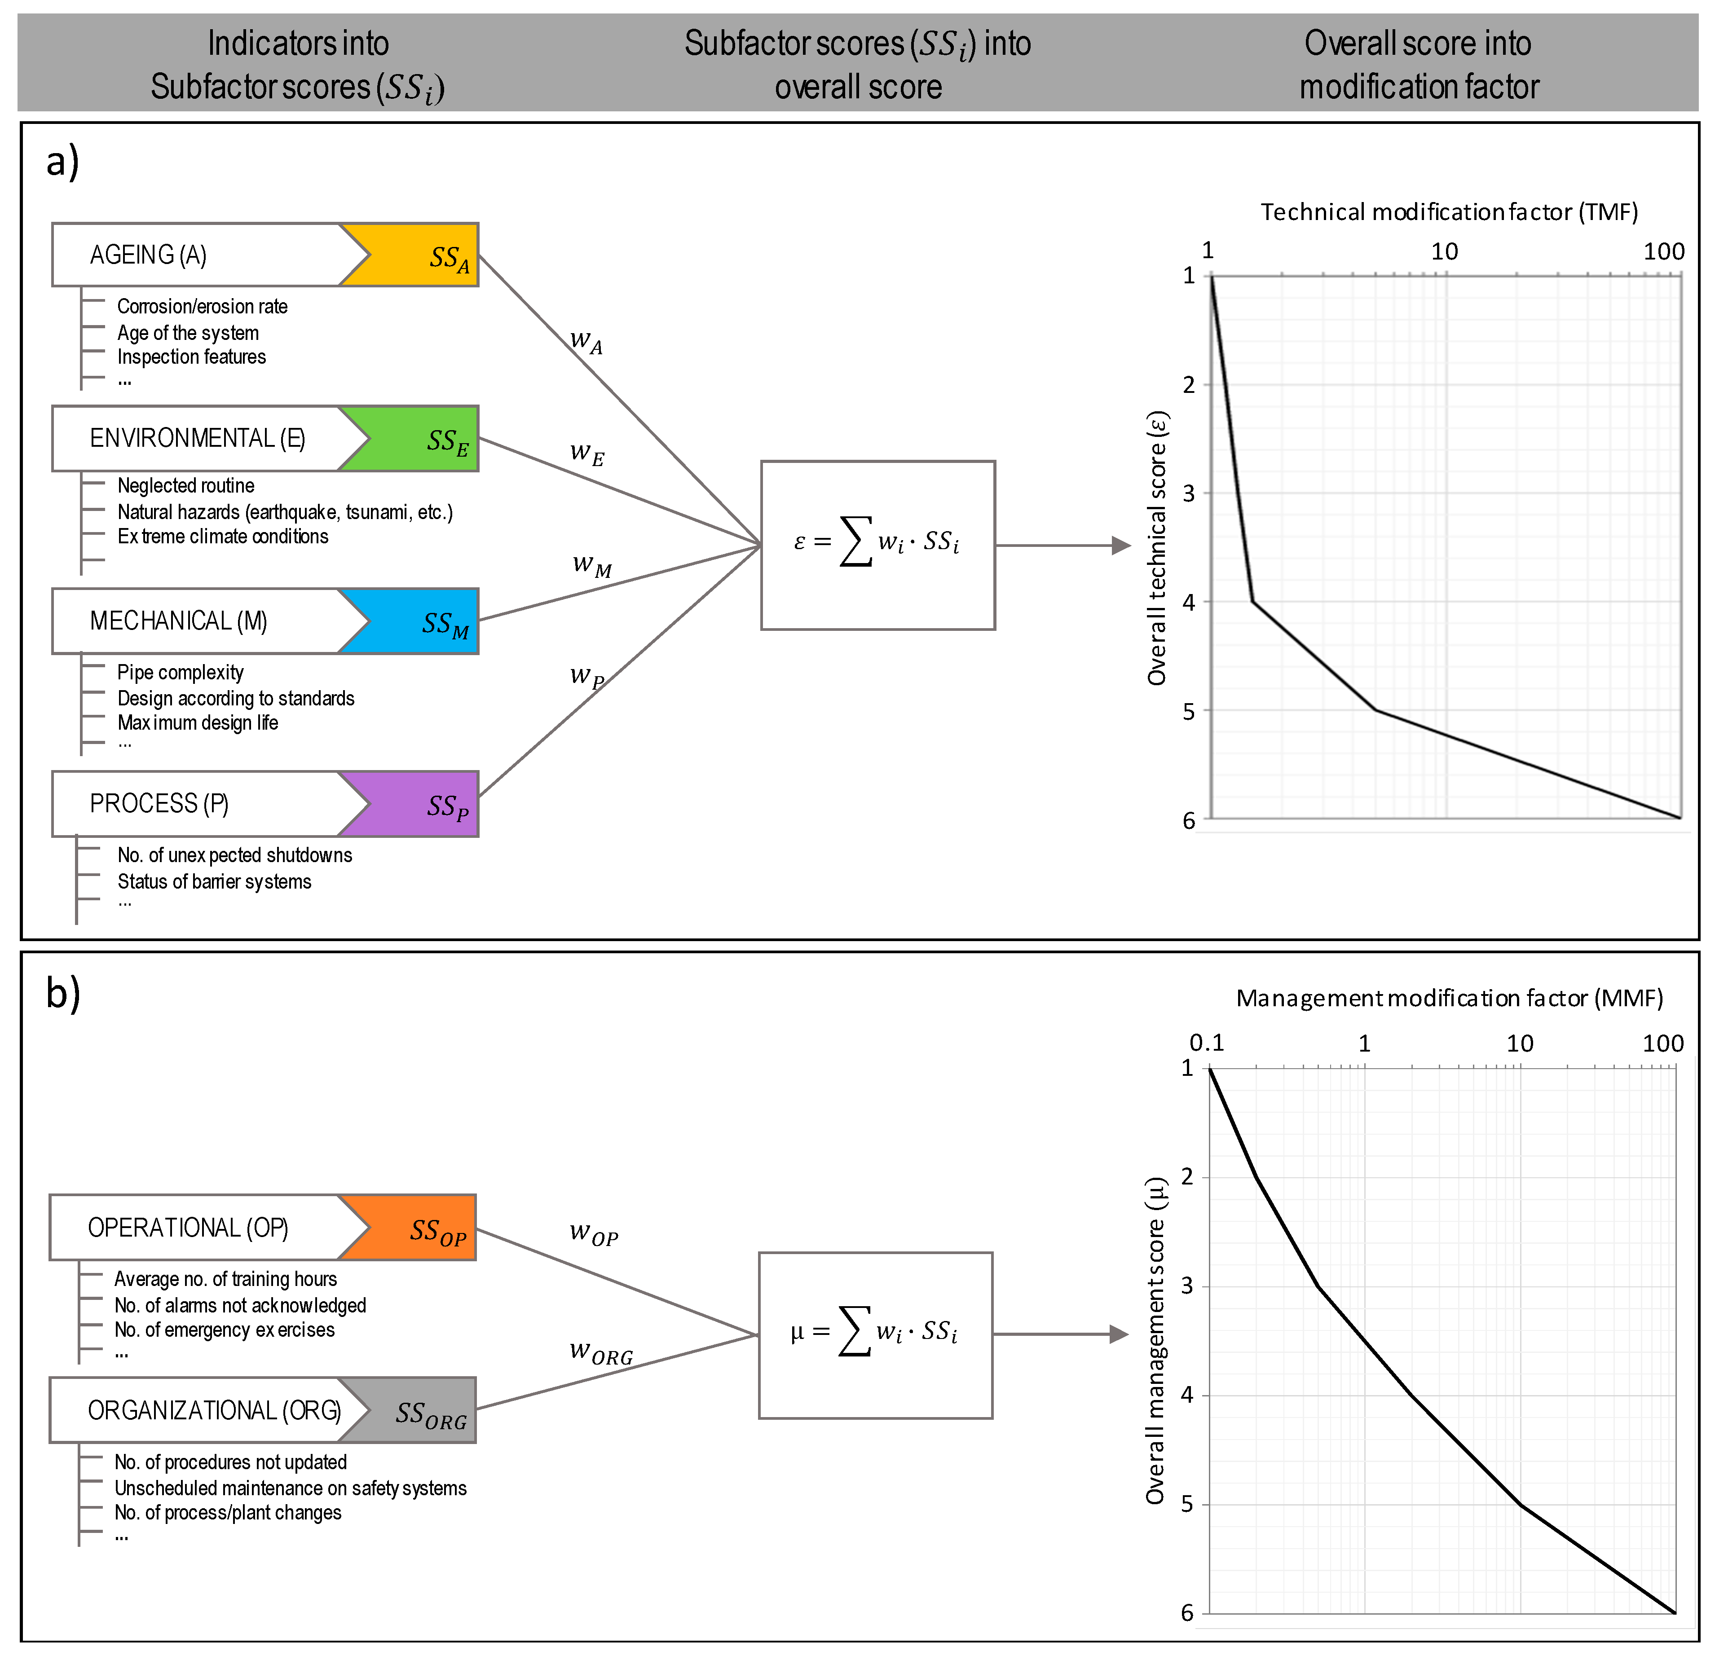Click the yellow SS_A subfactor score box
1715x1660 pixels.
(420, 255)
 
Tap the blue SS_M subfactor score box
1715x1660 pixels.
(420, 621)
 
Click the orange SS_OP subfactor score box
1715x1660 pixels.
(418, 1228)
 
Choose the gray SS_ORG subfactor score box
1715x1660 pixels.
(418, 1411)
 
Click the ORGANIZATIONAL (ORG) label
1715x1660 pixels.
(214, 1411)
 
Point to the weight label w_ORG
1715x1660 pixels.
(600, 1352)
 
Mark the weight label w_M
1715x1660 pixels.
(591, 564)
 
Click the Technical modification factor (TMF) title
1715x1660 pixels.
(1448, 212)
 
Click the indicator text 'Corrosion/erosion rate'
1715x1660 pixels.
(202, 306)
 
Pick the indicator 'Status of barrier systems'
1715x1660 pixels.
(214, 881)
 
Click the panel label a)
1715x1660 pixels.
(63, 162)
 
